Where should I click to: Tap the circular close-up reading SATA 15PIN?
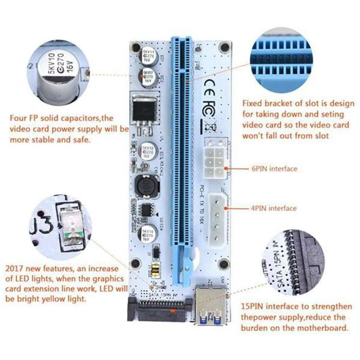click(x=306, y=261)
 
